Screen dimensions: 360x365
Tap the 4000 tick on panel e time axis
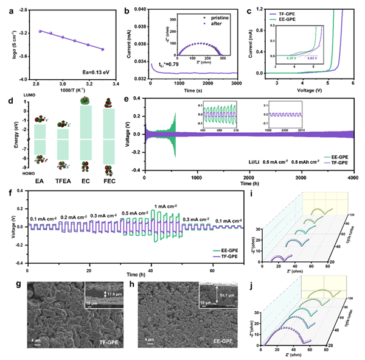click(x=350, y=176)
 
